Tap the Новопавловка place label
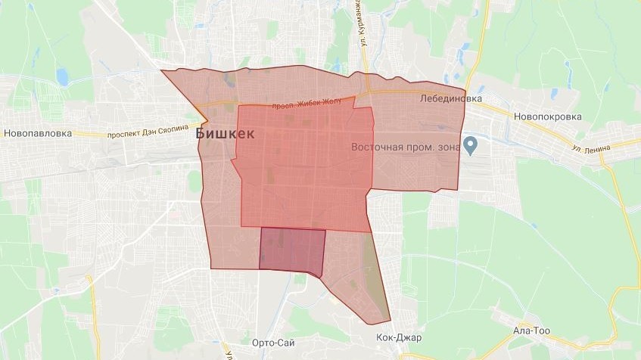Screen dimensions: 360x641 [x=37, y=133]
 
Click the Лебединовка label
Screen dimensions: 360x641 [x=452, y=98]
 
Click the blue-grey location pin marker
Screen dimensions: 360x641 [x=470, y=143]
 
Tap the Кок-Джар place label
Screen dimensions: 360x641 [x=398, y=337]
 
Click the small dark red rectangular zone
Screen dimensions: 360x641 [x=292, y=249]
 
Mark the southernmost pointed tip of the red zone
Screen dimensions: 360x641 [x=389, y=324]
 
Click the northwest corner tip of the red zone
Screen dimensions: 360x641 [x=162, y=71]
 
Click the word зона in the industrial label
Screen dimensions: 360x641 [x=447, y=147]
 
